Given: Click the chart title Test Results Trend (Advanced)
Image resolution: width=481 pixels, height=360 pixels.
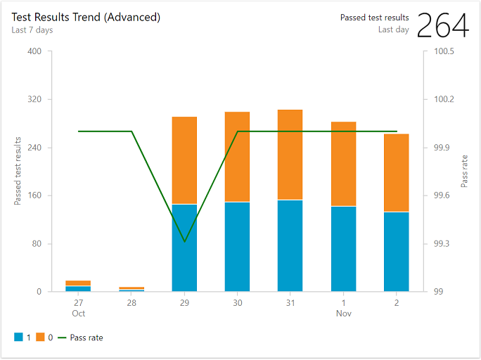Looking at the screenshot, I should (86, 17).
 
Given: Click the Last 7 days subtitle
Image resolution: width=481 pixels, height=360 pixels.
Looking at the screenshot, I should (32, 30).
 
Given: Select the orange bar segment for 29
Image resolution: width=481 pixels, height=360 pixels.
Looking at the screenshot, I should (184, 160).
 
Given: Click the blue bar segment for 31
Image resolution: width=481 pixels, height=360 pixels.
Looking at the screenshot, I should (290, 245).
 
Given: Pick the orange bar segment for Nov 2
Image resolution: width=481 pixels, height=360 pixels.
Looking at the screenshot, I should (397, 173).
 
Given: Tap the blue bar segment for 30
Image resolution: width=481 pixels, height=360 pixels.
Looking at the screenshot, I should (237, 246).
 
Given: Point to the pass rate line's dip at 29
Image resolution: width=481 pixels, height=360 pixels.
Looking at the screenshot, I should (184, 242).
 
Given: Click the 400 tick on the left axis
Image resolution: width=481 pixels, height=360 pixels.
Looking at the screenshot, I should (34, 51).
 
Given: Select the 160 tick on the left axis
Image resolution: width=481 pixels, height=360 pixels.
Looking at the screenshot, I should (34, 195).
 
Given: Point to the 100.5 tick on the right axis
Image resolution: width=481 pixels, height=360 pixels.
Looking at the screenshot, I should (444, 51).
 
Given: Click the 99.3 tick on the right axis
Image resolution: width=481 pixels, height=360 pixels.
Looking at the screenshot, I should (441, 244).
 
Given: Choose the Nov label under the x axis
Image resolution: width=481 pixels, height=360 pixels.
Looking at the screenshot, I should (343, 313).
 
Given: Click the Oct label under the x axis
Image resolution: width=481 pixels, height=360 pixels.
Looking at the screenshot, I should (78, 313).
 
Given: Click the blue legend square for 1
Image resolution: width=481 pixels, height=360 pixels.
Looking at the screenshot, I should (18, 337).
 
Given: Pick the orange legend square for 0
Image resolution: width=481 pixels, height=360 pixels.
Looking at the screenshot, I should (40, 337).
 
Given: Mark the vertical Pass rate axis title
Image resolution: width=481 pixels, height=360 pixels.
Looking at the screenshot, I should (464, 172).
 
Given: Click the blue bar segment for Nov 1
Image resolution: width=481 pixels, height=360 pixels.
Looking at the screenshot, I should (343, 248).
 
